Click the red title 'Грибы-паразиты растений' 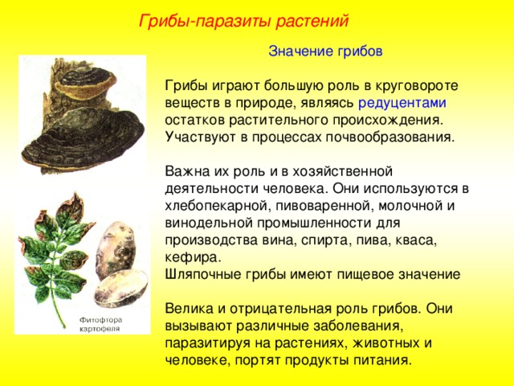point(243,22)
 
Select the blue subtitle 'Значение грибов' point(325,51)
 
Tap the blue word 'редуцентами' point(402,103)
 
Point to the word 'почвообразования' point(390,138)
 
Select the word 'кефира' point(193,257)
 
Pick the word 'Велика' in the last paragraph point(189,309)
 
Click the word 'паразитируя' point(217,343)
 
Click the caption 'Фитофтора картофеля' point(100,324)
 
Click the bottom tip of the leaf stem point(64,326)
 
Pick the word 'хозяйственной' point(342,171)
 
